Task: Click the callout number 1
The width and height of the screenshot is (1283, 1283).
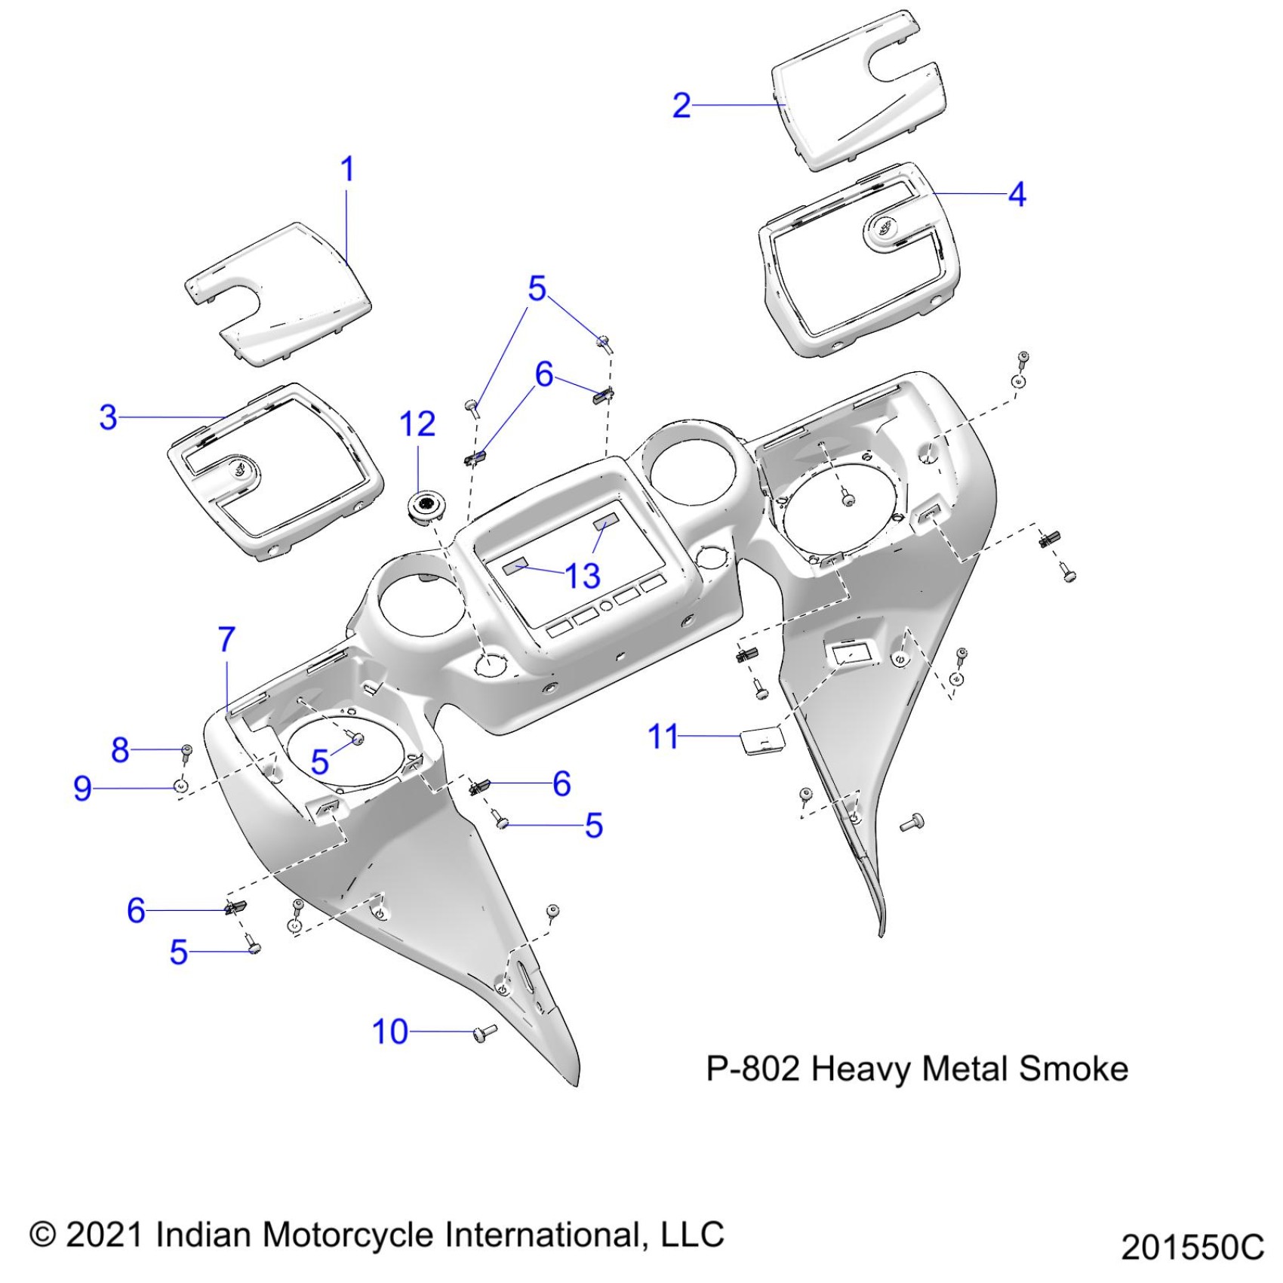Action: click(347, 169)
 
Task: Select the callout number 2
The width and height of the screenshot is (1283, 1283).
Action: click(681, 106)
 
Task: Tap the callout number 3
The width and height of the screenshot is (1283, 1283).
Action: click(109, 417)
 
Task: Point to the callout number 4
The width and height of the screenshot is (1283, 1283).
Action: click(1017, 195)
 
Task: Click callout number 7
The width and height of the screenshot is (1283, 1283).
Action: click(226, 640)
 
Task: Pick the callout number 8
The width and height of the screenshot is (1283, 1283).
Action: click(120, 750)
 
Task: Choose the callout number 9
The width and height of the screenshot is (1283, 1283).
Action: click(82, 788)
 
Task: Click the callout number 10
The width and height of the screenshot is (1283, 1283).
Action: click(390, 1032)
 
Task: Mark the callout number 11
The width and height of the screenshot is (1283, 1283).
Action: click(663, 737)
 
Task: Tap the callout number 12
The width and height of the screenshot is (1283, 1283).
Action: click(417, 424)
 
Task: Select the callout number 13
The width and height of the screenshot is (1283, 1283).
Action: click(583, 577)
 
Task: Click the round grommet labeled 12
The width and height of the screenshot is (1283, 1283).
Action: click(425, 505)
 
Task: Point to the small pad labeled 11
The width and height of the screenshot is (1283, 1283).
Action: click(760, 740)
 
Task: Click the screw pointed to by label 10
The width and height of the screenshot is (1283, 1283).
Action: click(484, 1032)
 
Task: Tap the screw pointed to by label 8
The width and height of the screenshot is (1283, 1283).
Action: click(186, 751)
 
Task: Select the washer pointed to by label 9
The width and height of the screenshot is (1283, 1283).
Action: click(182, 786)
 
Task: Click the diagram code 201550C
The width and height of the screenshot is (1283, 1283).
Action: click(1192, 1247)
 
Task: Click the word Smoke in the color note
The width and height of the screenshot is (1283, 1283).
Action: click(1073, 1069)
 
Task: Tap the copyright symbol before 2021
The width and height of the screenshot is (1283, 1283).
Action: click(43, 1235)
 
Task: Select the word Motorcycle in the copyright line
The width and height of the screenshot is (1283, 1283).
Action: click(349, 1235)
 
